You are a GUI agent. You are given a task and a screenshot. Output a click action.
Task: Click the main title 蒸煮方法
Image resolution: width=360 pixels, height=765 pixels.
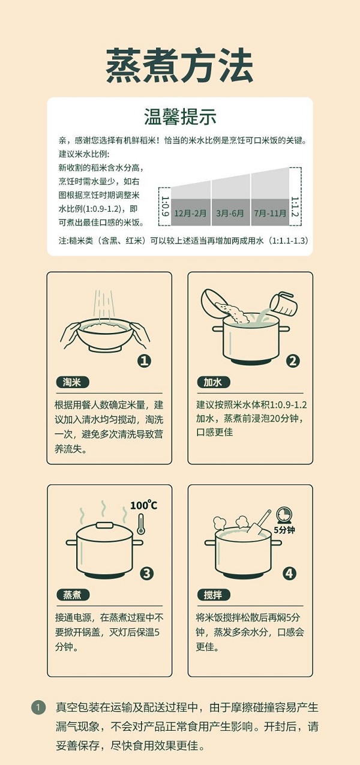tap(179, 65)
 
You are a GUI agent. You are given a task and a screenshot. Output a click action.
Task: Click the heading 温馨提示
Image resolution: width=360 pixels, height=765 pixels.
tap(180, 117)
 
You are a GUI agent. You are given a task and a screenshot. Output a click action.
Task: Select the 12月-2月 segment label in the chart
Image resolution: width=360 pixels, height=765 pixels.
tap(190, 214)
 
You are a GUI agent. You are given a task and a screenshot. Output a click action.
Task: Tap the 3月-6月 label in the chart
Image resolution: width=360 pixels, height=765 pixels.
tap(230, 214)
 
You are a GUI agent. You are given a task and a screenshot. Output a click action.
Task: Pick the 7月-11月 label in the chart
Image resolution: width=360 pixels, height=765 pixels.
tap(270, 214)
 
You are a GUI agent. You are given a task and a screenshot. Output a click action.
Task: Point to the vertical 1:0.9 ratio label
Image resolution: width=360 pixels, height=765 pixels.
tap(164, 206)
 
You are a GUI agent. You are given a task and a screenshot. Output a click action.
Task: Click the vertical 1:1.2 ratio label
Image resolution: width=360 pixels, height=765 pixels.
tap(295, 207)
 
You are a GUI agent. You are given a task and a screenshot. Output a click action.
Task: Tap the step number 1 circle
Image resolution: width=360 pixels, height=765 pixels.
tap(144, 361)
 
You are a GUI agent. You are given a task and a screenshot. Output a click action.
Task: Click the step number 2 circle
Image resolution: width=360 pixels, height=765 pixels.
tap(293, 361)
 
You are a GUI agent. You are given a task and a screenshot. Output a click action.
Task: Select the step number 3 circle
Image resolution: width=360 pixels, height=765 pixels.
tap(146, 573)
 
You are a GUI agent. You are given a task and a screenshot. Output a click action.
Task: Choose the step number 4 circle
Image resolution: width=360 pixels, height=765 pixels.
tap(289, 573)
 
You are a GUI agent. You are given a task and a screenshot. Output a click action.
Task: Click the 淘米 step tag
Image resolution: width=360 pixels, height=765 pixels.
tap(73, 382)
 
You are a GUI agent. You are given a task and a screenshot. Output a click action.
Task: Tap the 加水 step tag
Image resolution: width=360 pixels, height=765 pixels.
tap(214, 382)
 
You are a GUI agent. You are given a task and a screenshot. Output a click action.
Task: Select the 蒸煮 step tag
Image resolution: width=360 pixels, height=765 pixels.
tap(73, 595)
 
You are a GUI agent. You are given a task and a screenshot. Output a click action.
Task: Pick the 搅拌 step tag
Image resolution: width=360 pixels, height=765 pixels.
tap(214, 595)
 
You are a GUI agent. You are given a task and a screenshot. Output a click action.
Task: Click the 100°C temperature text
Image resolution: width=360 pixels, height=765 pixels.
tap(144, 505)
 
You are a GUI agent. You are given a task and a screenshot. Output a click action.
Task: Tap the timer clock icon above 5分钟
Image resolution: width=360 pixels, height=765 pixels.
tap(284, 515)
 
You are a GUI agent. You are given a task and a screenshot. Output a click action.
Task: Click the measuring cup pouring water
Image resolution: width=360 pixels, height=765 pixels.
tap(283, 302)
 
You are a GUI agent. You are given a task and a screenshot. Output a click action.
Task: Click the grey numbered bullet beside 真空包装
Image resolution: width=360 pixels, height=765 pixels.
tap(38, 707)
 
